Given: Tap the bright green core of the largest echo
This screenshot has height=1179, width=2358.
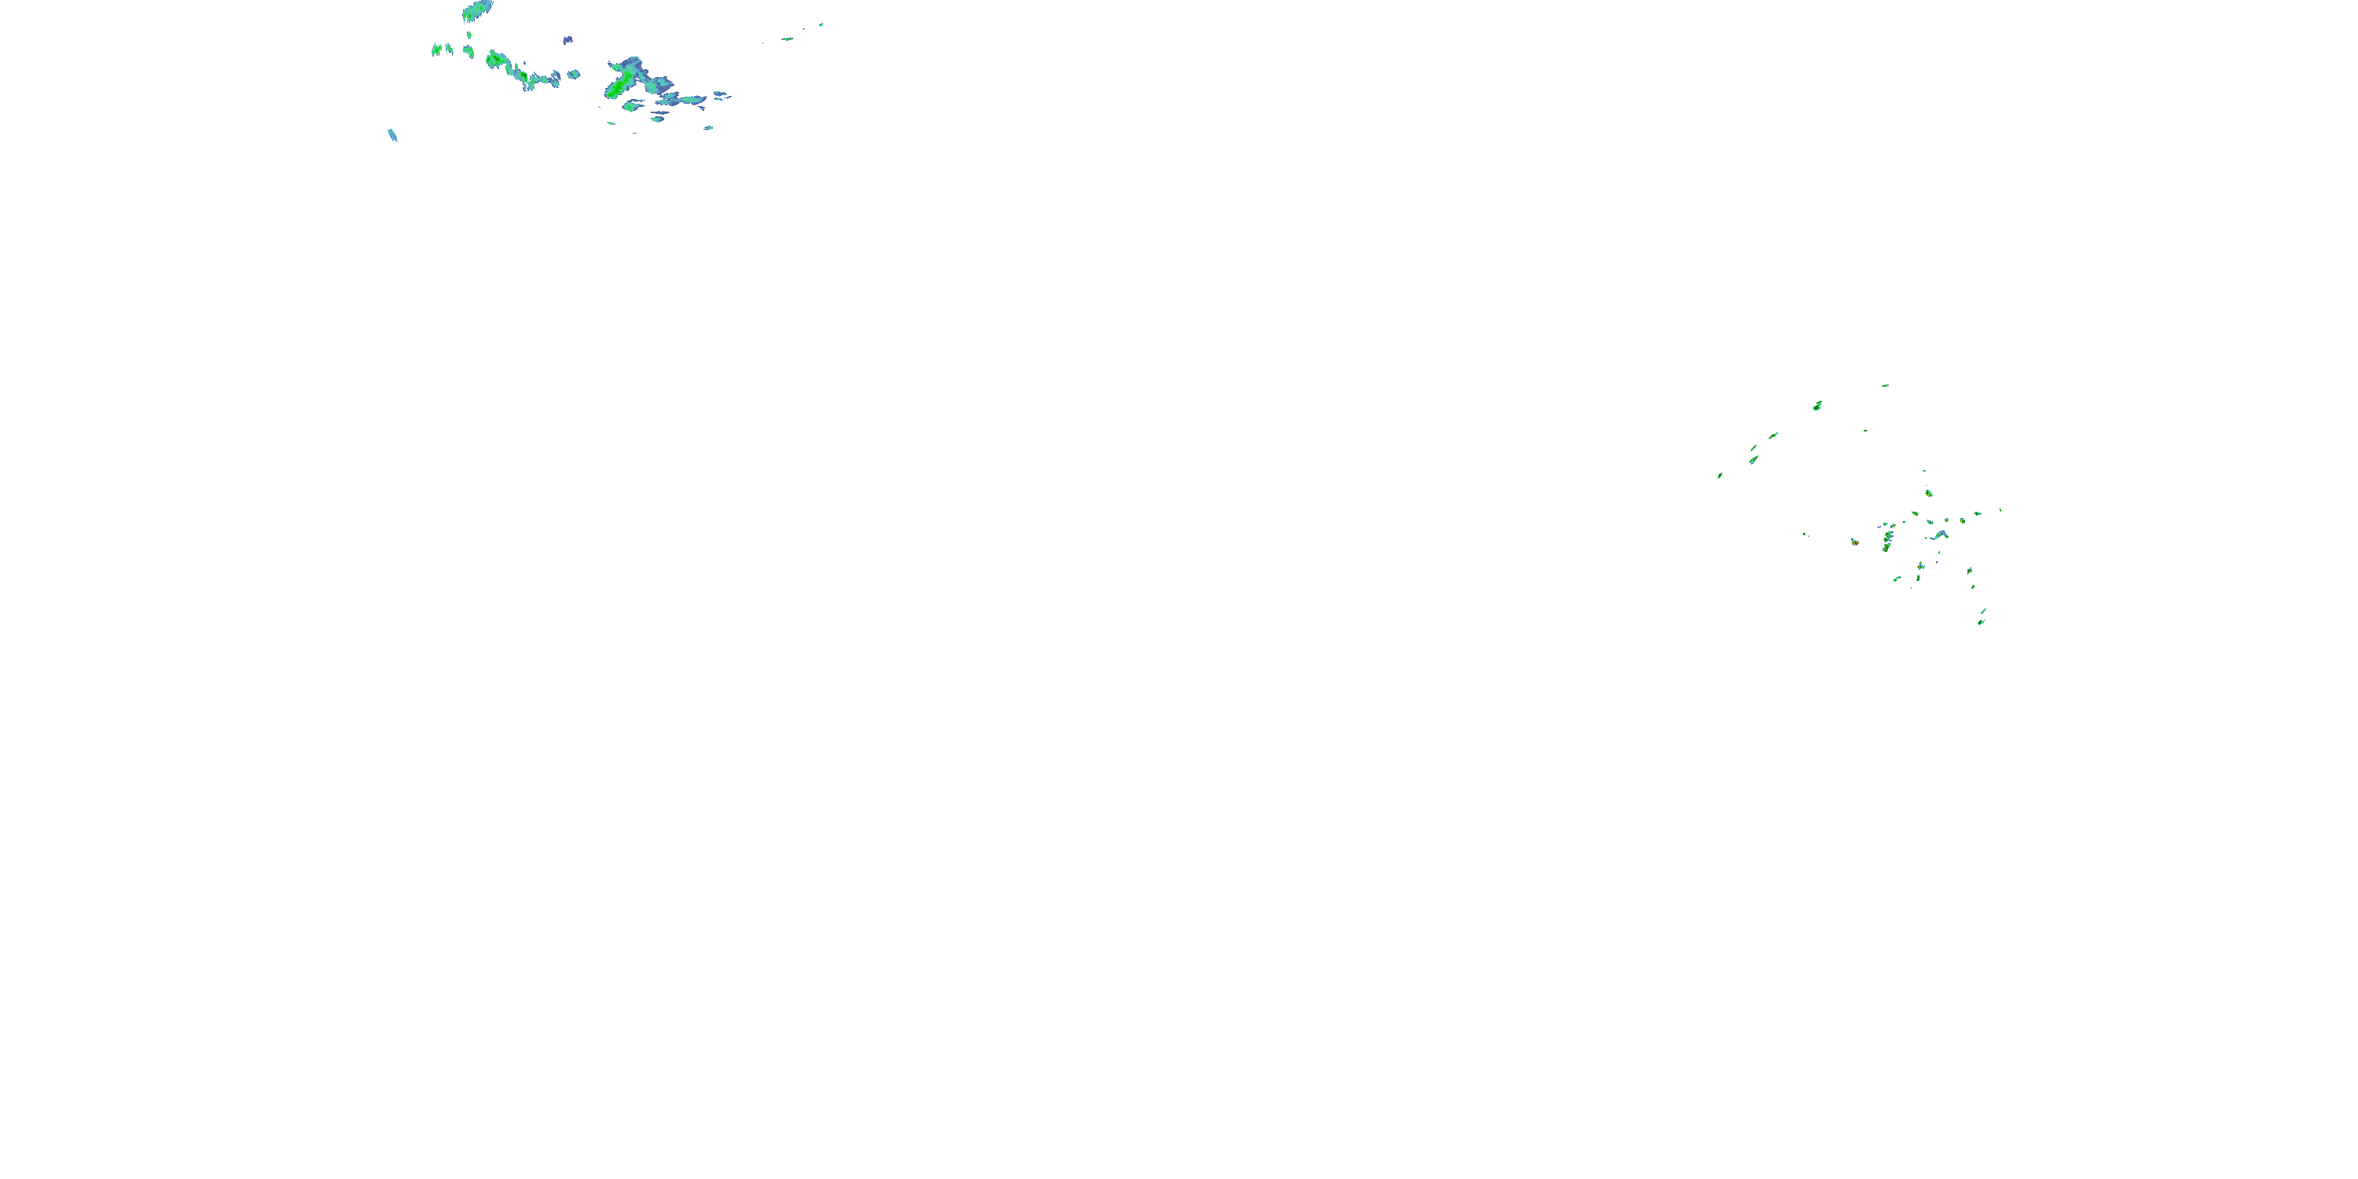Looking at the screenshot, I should (617, 88).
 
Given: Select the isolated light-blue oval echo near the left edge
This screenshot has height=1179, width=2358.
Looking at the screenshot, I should (393, 135).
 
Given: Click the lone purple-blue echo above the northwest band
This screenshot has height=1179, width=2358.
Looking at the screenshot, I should (567, 40).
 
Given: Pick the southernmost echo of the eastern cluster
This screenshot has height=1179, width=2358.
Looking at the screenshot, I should (1981, 623).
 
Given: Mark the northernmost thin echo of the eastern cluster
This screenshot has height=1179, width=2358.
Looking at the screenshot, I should (1885, 385).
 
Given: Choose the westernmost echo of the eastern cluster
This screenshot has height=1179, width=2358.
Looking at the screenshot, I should (1720, 475).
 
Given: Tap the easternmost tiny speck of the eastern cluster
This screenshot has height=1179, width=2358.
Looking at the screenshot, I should (2000, 510).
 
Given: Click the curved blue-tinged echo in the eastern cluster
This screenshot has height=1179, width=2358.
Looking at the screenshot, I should (1941, 534).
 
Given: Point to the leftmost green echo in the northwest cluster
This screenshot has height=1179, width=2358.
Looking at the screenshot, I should (437, 50).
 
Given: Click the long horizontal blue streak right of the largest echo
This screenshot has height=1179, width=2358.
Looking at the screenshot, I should (686, 100).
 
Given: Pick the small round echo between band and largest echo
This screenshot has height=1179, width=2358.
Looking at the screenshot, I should (574, 74).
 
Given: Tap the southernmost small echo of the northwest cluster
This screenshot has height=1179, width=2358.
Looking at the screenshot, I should (635, 132).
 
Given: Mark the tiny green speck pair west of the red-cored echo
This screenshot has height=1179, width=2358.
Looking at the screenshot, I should (1805, 534).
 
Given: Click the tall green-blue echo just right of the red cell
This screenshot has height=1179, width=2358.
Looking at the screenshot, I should (1886, 541).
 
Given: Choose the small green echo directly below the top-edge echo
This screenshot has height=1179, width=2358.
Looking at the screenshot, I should (468, 35).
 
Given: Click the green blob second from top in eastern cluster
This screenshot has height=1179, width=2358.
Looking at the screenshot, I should (1817, 406).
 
